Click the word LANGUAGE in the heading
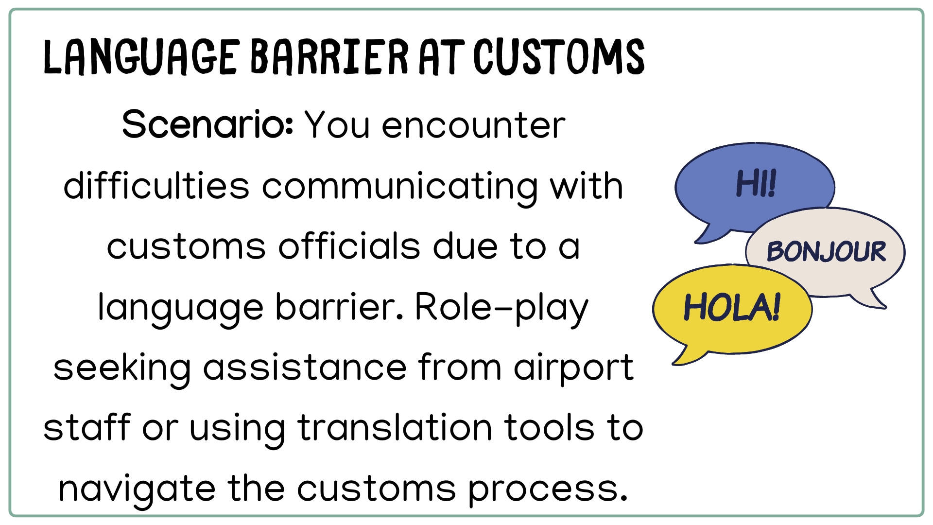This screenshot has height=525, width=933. click(x=141, y=57)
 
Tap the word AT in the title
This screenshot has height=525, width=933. click(x=441, y=57)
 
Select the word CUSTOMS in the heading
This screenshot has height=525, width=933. click(x=559, y=57)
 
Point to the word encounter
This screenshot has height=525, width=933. click(x=474, y=126)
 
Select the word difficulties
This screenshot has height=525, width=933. click(x=156, y=186)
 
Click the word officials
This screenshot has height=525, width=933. click(x=349, y=246)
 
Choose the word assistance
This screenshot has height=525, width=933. click(x=305, y=367)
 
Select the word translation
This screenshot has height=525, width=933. click(x=395, y=428)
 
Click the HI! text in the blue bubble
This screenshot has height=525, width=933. click(x=756, y=184)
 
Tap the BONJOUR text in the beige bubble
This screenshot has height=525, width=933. click(x=826, y=251)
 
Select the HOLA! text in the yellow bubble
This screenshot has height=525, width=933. click(x=732, y=307)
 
